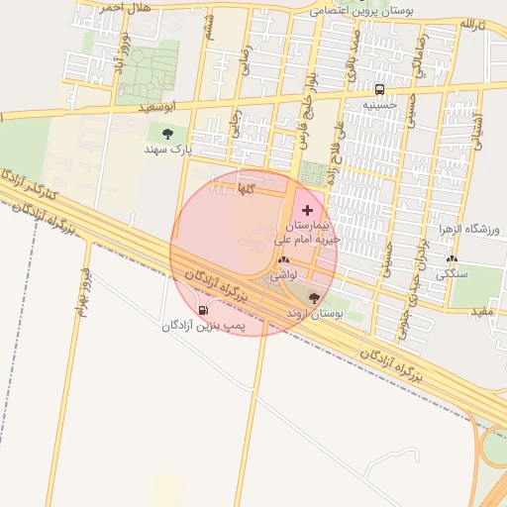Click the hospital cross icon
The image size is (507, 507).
pyautogui.click(x=307, y=210)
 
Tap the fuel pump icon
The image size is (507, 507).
pyautogui.click(x=204, y=310)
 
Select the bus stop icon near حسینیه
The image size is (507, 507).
pyautogui.click(x=379, y=89)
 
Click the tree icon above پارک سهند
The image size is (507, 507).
pyautogui.click(x=166, y=134)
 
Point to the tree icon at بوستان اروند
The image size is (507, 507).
pyautogui.click(x=315, y=297)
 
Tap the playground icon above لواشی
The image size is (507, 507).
pyautogui.click(x=284, y=259)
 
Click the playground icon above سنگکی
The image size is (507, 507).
pyautogui.click(x=452, y=258)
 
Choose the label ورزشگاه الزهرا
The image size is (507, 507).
pyautogui.click(x=471, y=229)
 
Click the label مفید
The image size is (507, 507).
pyautogui.click(x=482, y=312)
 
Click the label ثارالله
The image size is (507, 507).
pyautogui.click(x=472, y=23)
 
